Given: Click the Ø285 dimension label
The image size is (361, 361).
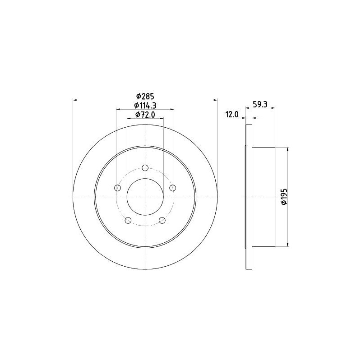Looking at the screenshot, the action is (145, 96).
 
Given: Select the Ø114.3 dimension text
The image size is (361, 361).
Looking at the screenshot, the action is (145, 106).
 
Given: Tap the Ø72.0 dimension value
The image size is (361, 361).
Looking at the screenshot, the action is (145, 115).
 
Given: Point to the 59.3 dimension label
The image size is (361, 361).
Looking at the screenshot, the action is (260, 105).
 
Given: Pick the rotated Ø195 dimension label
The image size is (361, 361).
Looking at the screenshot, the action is (284, 196).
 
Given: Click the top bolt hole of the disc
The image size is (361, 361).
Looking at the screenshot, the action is (145, 168).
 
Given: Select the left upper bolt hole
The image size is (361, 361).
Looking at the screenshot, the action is (117, 188).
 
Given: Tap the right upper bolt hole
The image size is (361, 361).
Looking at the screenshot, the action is (173, 188).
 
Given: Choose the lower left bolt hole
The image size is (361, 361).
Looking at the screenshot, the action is (128, 220).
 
